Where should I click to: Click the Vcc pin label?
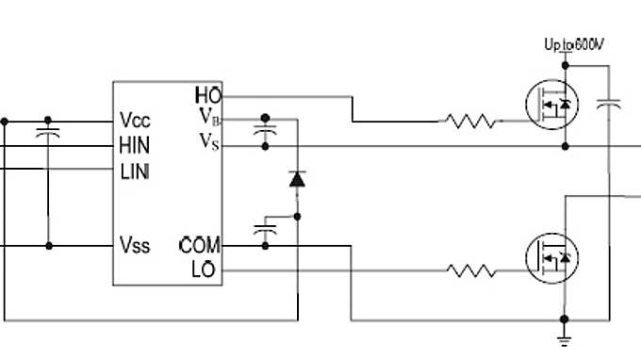pos(135,121)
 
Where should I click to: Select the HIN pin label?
pos(135,146)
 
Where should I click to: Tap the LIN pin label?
pos(134,172)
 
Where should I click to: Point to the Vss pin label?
pos(135,245)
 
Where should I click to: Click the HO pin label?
pos(207,95)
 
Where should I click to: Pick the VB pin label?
pos(209,117)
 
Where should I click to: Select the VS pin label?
pos(209,141)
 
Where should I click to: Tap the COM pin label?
pos(200,246)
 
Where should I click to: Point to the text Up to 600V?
pos(575,44)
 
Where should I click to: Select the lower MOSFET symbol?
pos(552,256)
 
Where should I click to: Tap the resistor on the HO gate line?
pos(470,121)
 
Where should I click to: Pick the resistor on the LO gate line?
pos(470,271)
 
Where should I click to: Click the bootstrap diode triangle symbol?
pos(297,177)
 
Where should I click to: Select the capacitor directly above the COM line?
pos(265,229)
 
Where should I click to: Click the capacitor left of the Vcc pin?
pos(48,133)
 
